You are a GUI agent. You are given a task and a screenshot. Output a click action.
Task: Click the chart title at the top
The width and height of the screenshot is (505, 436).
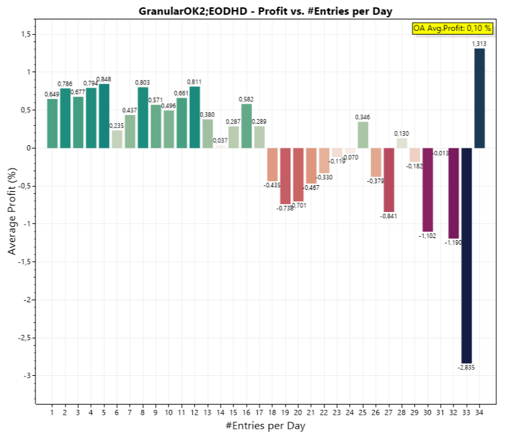tap(266, 11)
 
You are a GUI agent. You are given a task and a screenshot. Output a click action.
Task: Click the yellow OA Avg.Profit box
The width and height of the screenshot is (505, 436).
tap(452, 28)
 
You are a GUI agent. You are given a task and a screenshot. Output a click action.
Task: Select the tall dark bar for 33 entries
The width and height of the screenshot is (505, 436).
tap(466, 254)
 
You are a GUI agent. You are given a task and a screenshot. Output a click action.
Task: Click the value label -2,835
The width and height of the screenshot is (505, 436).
tap(466, 368)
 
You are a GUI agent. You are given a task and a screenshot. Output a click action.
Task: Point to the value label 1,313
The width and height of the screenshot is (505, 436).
tap(480, 44)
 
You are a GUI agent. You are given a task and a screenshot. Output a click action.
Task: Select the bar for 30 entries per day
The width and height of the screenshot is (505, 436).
tap(427, 189)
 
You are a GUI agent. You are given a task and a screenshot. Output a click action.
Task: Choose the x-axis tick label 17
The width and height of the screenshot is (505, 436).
tap(260, 412)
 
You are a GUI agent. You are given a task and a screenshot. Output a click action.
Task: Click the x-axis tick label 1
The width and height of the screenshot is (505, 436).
tap(52, 412)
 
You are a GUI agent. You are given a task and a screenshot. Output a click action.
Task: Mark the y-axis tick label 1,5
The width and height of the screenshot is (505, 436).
tap(26, 34)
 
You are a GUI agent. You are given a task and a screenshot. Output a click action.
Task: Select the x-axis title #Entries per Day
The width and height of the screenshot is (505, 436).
tap(266, 425)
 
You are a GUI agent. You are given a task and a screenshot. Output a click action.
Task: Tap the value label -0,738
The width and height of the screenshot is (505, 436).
tap(285, 209)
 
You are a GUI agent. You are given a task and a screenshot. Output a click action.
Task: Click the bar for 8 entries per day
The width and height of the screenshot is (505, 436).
tap(143, 117)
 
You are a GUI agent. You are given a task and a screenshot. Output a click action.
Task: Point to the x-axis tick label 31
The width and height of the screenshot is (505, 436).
tap(441, 412)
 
